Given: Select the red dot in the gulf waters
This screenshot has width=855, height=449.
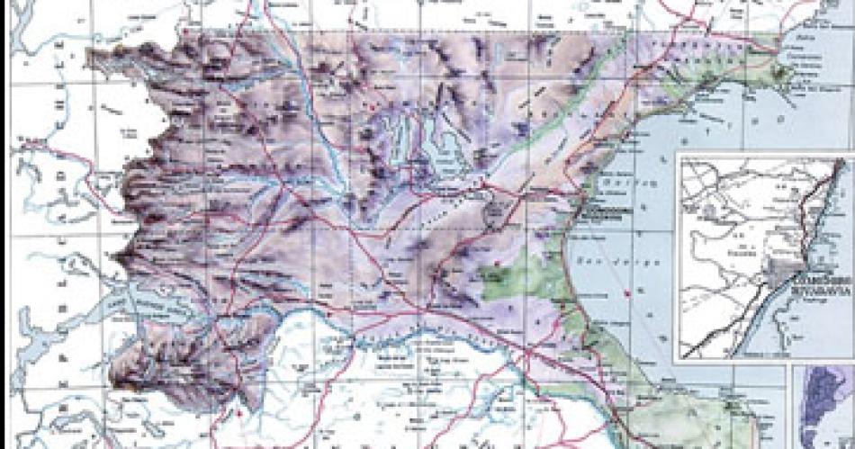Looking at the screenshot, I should tap(626, 294).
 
